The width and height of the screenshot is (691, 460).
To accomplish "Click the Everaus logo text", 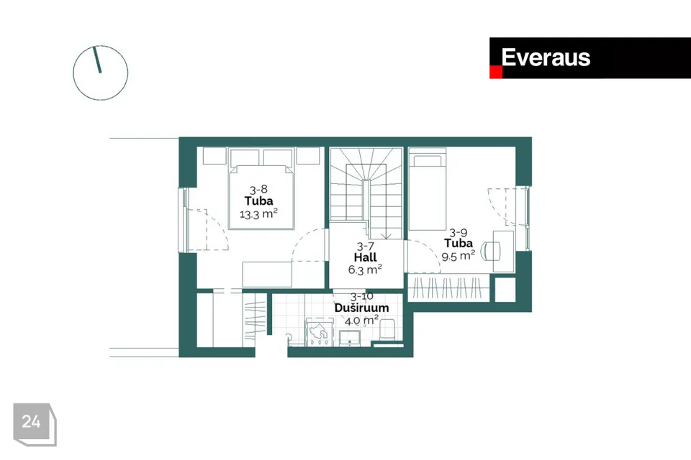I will (x=546, y=57).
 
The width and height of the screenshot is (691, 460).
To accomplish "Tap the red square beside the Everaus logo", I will (x=495, y=72).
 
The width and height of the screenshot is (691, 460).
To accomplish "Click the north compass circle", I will (x=100, y=73).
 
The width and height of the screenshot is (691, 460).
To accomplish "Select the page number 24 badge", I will (x=32, y=422).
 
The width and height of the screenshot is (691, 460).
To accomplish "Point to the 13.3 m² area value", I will (x=258, y=214).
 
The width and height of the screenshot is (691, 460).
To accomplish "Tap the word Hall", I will (x=365, y=257).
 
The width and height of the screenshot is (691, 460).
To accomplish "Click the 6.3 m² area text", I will (x=365, y=270).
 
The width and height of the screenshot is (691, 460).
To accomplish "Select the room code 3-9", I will (x=458, y=232).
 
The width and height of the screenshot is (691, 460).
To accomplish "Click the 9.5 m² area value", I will (x=458, y=254).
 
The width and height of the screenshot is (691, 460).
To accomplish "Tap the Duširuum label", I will (x=361, y=308).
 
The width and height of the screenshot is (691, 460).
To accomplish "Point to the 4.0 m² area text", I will (x=361, y=320).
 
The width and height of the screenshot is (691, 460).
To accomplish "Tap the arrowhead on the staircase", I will (x=387, y=234).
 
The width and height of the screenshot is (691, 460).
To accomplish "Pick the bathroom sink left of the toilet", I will (x=351, y=338).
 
